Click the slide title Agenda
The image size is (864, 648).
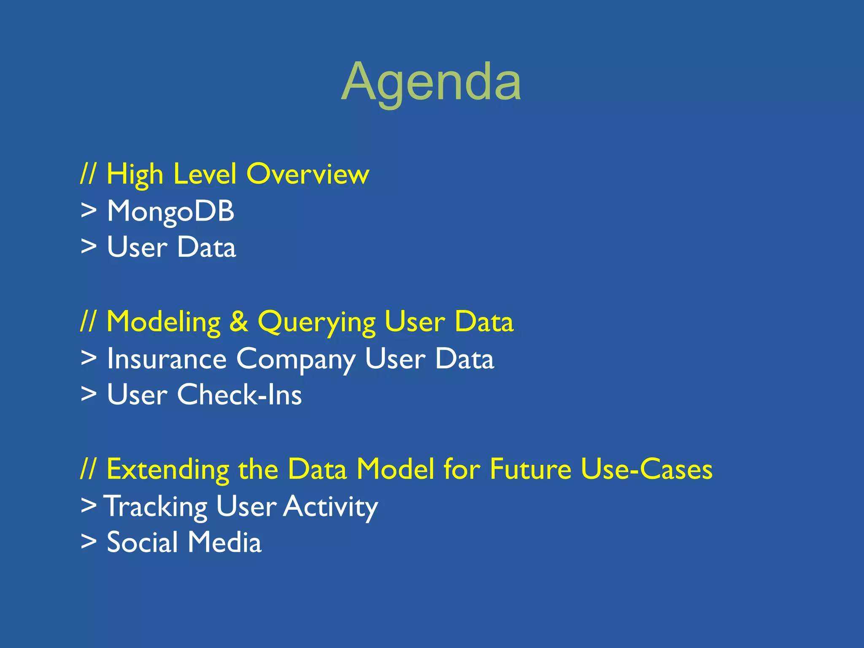[x=431, y=82]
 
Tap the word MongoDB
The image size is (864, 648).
[x=170, y=211]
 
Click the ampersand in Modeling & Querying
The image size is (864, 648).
[x=239, y=321]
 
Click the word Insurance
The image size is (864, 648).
[x=167, y=359]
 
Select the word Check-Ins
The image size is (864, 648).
[x=239, y=395]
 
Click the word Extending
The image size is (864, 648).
[x=168, y=470]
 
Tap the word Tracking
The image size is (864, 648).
[x=155, y=506]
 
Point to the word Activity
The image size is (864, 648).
[x=330, y=506]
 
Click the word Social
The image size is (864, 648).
[x=142, y=542]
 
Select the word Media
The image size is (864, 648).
[x=224, y=542]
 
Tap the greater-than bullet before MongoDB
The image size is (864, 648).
[x=89, y=211]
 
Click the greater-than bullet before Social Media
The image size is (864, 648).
[x=89, y=542]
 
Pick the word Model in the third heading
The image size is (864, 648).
[x=395, y=469]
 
